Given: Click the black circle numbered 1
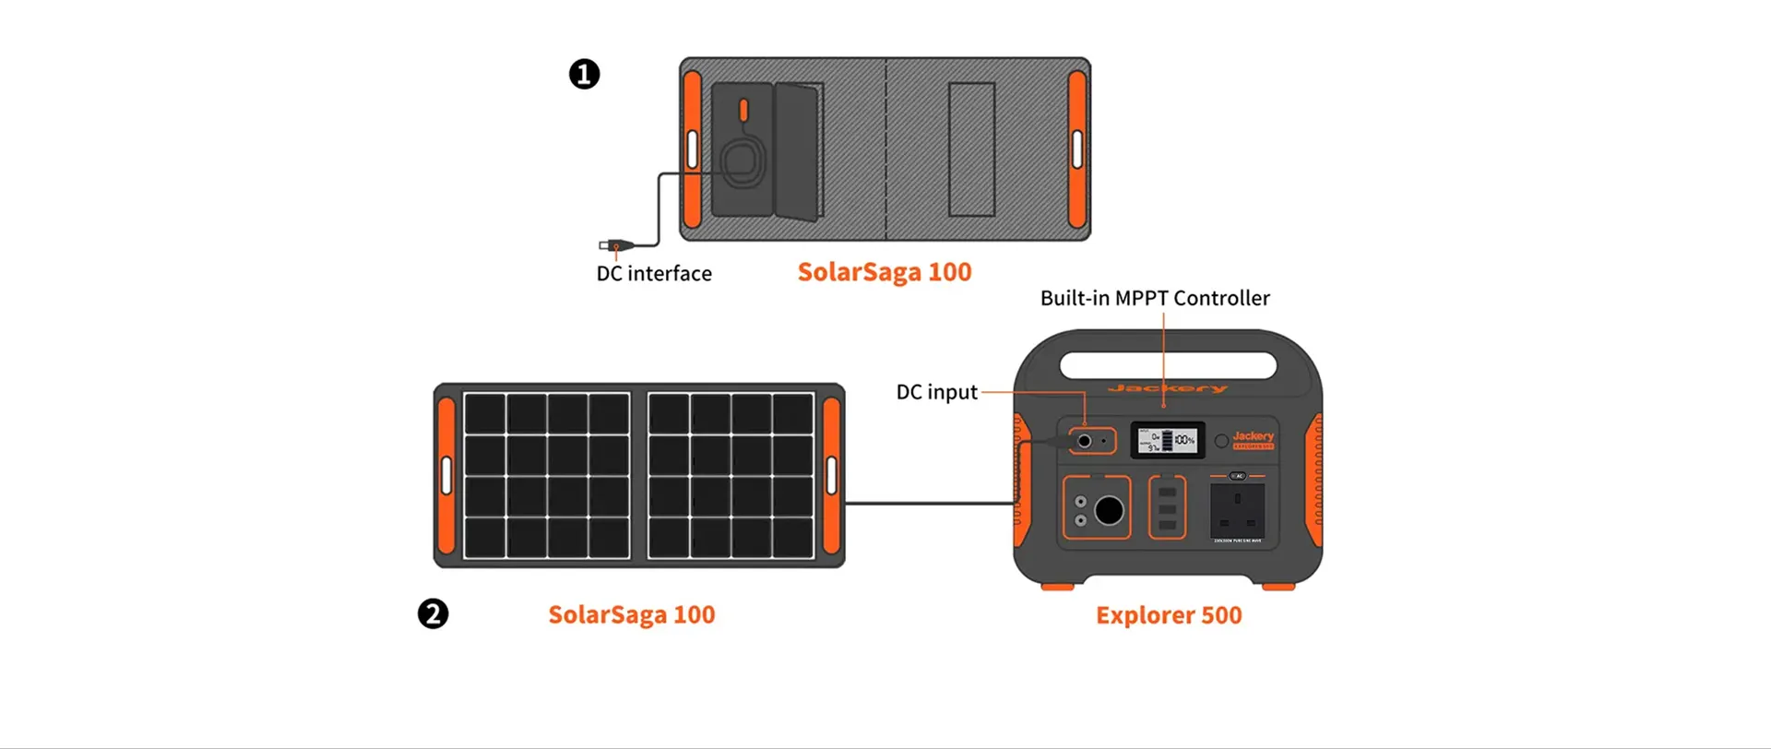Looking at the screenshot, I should coord(584,74).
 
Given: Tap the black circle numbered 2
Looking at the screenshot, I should coord(433,613).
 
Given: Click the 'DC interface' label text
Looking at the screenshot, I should coord(654,273).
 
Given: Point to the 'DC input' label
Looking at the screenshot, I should coord(936,392).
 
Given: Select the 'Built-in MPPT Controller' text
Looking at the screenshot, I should coord(1155,298).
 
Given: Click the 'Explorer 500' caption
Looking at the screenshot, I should coord(1169,615).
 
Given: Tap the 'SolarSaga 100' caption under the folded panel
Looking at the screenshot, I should coord(884,272).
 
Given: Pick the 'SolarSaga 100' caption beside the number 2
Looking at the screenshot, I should coord(632,614).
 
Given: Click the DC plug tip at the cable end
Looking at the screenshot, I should coord(605,245).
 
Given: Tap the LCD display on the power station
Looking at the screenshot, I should coord(1168,441).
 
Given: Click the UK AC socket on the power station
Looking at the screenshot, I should coord(1237,510).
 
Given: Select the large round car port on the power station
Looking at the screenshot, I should coord(1109,509).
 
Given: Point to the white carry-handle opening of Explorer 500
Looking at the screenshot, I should coord(1168,365).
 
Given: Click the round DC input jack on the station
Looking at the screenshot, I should coord(1085,441).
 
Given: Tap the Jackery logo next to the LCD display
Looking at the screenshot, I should coord(1253,437).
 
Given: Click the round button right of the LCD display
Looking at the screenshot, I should coord(1221,441).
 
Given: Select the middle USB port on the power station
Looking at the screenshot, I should coord(1167,509).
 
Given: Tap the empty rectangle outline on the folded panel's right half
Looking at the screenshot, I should coord(971,149).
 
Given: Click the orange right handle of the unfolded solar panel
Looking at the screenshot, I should coord(831,475).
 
